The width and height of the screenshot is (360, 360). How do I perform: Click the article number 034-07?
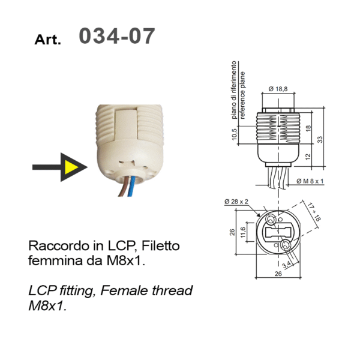tap(116, 36)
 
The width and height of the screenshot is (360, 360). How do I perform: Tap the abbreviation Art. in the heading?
tap(48, 40)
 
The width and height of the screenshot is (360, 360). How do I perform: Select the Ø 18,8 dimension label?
tap(278, 89)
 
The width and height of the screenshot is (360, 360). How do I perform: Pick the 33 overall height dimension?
tap(321, 139)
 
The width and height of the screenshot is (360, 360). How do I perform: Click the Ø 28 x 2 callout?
tap(236, 202)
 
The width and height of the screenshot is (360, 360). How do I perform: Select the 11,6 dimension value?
tap(242, 232)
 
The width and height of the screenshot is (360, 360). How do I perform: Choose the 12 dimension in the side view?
tap(307, 157)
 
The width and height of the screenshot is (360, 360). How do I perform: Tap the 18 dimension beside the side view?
tap(307, 128)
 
